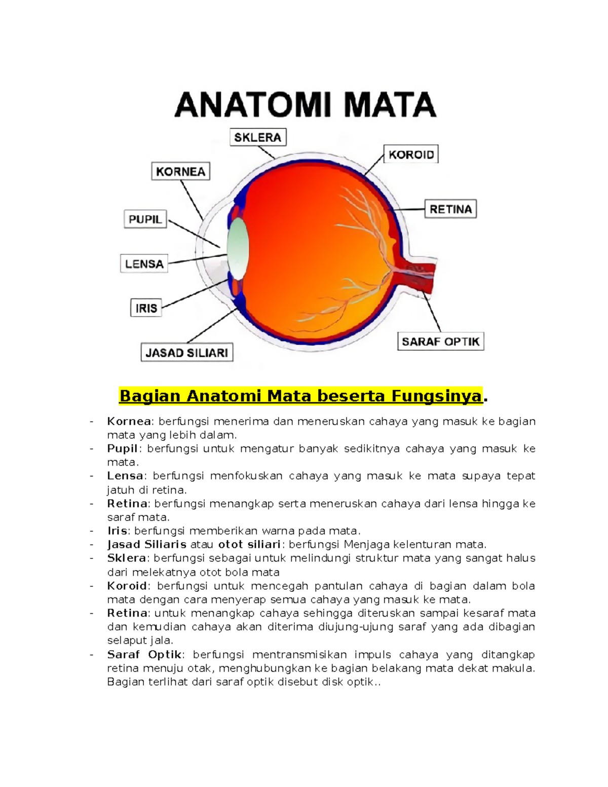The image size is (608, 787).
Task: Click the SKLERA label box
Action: click(258, 137)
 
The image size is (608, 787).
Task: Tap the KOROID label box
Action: click(411, 155)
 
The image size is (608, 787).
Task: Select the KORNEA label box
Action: click(180, 172)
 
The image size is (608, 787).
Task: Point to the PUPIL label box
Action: click(145, 219)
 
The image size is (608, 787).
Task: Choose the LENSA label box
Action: click(144, 264)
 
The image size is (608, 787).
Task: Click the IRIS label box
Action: click(146, 308)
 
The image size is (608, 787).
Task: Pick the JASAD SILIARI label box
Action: click(186, 353)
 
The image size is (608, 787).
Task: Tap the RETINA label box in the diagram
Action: click(450, 209)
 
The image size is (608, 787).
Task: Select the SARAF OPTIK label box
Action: click(440, 342)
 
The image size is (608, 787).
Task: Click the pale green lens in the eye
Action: click(238, 248)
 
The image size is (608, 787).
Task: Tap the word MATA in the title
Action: click(389, 105)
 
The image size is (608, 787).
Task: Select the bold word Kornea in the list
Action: click(129, 422)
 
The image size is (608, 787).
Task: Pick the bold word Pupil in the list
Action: click(122, 449)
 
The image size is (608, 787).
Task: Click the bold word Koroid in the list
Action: click(127, 586)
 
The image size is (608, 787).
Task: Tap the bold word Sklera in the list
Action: click(126, 558)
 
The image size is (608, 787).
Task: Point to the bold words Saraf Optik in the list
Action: click(144, 655)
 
